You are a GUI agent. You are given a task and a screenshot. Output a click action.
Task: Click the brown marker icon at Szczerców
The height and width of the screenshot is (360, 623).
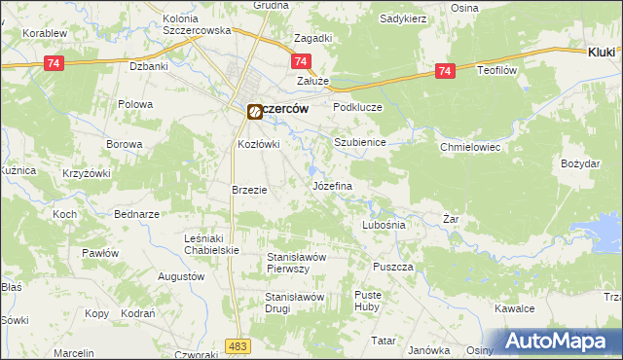coord(254,111)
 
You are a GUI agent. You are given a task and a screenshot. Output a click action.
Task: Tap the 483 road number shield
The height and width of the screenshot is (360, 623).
coord(237,345)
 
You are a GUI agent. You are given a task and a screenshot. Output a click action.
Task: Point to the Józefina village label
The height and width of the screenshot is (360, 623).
coord(331,185)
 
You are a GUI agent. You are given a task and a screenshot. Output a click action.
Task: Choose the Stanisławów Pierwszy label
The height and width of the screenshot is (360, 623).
coord(301,263)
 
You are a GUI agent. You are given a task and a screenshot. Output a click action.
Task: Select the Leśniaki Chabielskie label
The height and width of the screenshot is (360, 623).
coord(212,243)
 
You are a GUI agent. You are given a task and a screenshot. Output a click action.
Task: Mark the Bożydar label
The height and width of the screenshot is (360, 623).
coord(581,163)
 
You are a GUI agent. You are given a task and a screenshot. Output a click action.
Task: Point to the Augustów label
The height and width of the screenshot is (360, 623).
coord(180,276)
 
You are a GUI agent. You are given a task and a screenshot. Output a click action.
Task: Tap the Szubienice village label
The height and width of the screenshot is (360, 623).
coord(360,142)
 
